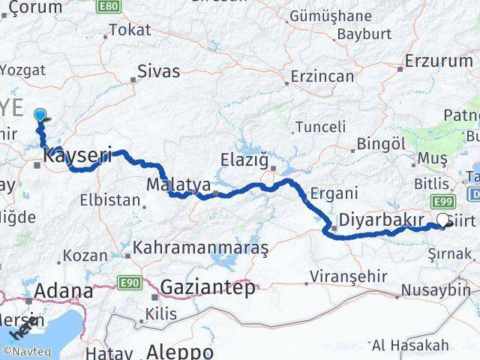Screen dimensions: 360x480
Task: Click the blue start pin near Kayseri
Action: (40, 115)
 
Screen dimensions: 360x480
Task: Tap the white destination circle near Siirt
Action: (444, 221)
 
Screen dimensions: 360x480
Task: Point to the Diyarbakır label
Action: (376, 220)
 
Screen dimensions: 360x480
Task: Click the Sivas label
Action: (159, 72)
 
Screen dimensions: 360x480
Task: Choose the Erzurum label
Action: (438, 61)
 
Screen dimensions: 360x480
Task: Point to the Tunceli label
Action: (321, 127)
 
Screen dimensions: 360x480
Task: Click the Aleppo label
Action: (179, 352)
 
